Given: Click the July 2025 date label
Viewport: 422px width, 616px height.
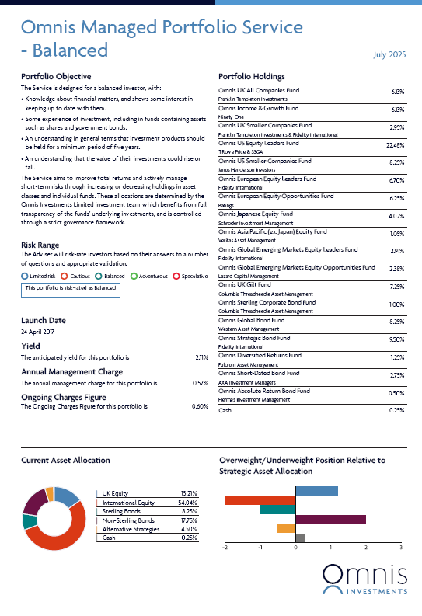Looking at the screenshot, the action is (389, 54).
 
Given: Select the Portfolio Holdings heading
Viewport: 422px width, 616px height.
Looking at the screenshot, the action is (252, 77).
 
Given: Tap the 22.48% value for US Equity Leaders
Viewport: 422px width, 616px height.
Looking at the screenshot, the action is (396, 145).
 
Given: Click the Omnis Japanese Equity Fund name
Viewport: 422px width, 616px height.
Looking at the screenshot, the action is (256, 214).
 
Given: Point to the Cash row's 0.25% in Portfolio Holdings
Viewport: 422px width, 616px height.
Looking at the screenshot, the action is (397, 410).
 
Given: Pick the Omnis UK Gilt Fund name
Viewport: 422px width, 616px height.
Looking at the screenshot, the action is (244, 285).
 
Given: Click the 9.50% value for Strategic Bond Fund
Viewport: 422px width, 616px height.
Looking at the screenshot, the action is (397, 339).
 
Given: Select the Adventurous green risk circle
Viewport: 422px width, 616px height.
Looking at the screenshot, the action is (134, 277).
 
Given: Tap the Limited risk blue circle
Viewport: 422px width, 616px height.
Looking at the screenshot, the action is (25, 277).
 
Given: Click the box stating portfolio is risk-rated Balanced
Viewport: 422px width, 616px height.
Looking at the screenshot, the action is (71, 290).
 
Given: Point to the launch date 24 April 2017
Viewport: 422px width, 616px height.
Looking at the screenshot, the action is (38, 332).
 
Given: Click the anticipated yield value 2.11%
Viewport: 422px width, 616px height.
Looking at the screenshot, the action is (201, 357).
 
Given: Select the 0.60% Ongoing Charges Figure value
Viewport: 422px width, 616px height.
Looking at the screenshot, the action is (200, 406).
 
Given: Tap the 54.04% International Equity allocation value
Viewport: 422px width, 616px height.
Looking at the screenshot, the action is (187, 503).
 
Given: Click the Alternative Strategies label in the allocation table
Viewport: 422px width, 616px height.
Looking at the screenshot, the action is (131, 529).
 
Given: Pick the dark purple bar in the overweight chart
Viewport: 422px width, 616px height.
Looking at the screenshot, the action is (330, 520).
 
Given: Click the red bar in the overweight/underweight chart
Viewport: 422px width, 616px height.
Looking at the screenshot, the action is (260, 500).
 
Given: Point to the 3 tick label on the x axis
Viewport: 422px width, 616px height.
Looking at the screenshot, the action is (401, 548).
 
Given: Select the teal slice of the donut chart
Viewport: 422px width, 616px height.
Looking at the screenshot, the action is (28, 522).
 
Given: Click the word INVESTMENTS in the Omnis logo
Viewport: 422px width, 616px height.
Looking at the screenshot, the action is (377, 592).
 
